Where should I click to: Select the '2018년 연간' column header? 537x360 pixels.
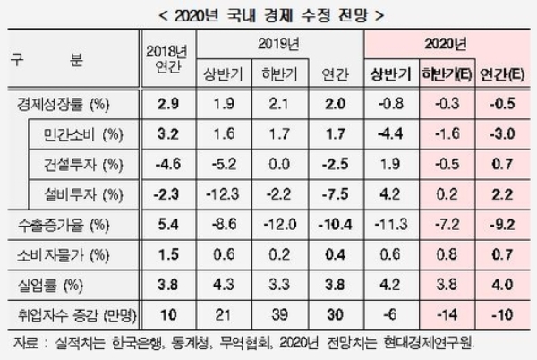pyautogui.click(x=168, y=59)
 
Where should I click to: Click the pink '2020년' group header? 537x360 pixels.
pyautogui.click(x=447, y=43)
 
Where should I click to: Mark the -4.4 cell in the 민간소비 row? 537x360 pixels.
pyautogui.click(x=390, y=134)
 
